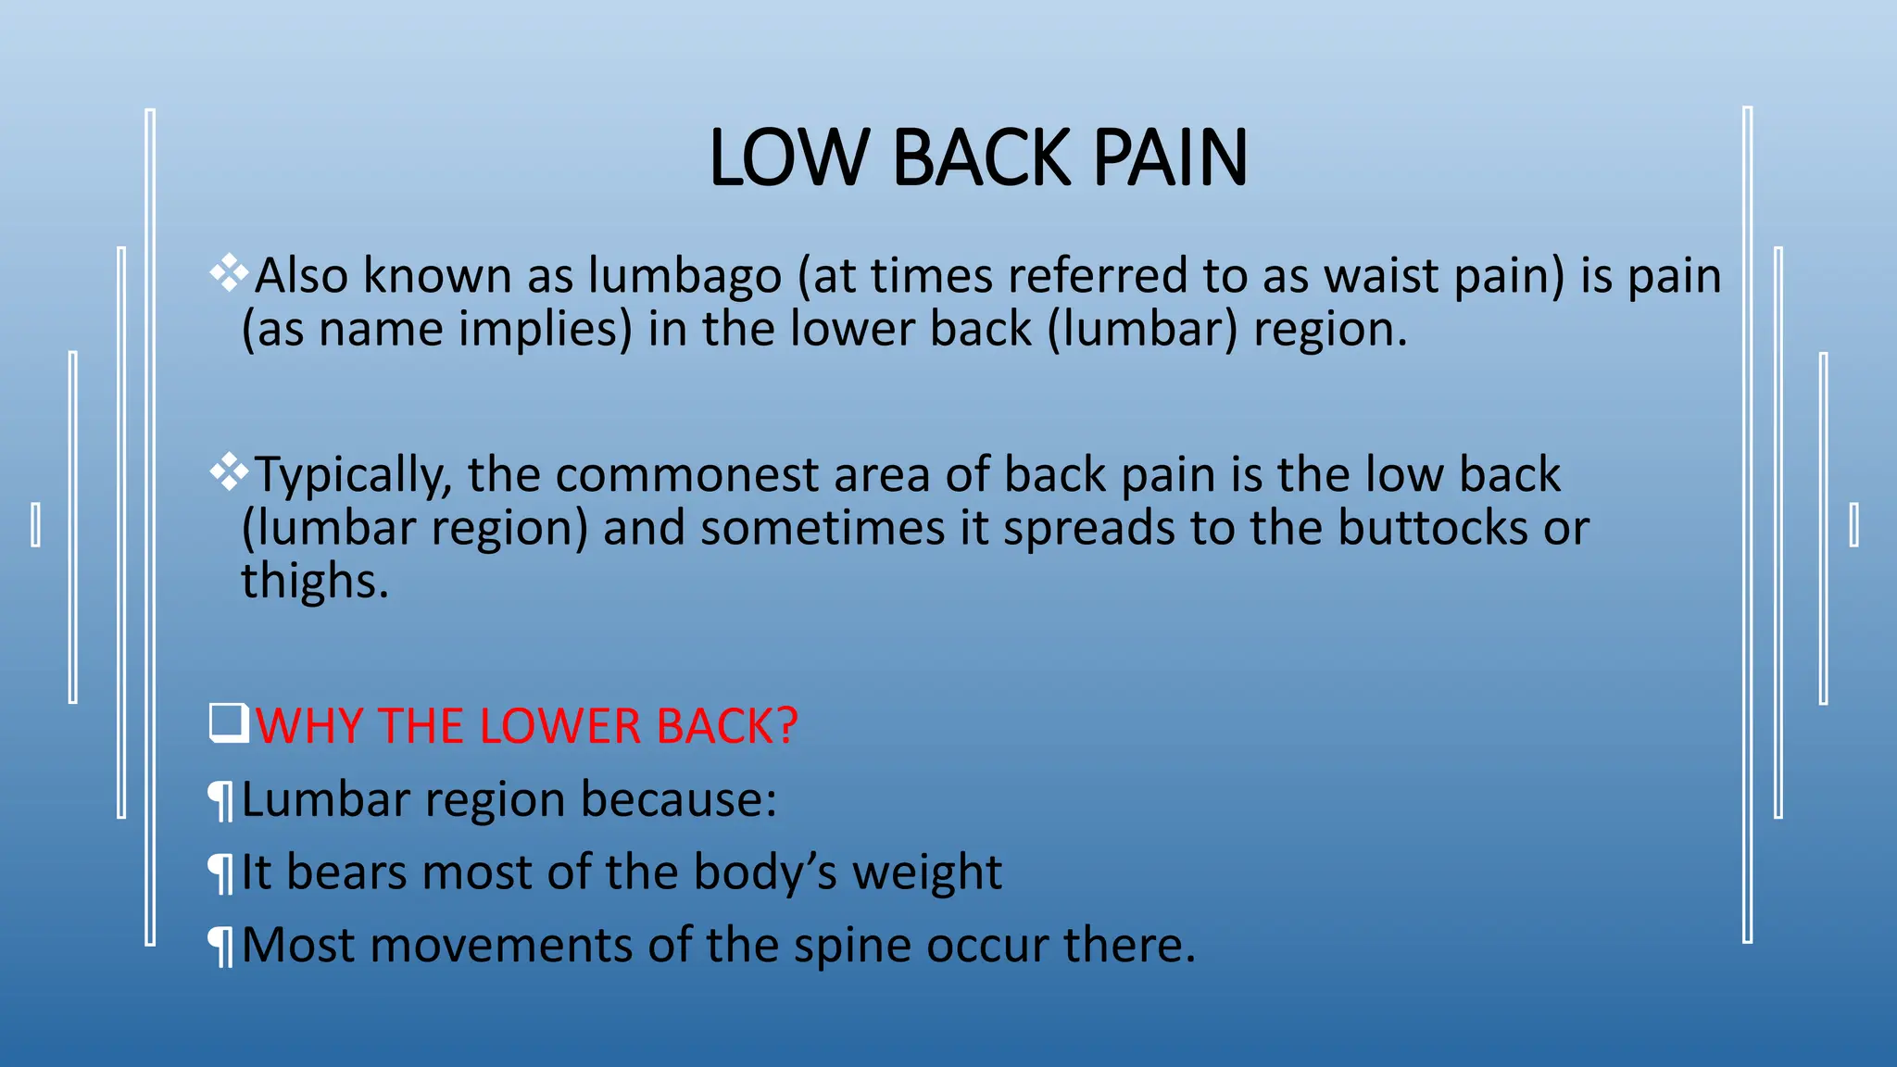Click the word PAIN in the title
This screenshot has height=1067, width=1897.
pos(1170,157)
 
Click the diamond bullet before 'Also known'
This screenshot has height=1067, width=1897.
pos(229,273)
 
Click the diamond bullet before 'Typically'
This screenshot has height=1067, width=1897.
pos(229,472)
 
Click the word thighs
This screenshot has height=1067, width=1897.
pos(315,582)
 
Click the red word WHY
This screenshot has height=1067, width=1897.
pos(308,726)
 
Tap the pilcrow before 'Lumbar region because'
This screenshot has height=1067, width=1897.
pos(220,801)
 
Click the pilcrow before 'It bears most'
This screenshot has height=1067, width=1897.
pos(220,873)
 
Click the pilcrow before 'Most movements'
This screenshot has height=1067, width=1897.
pos(220,947)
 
